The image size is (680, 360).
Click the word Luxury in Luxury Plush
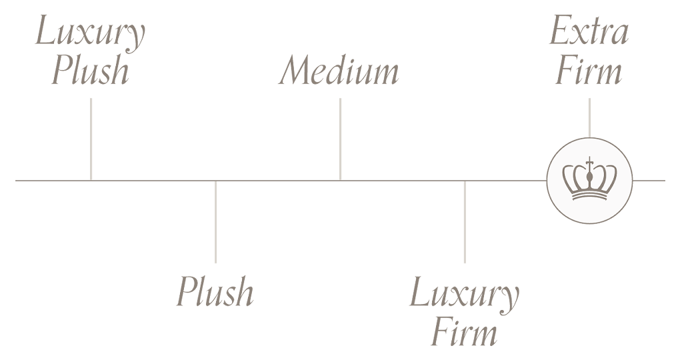point(90,33)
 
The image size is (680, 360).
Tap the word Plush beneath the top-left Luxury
point(90,71)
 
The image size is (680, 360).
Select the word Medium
point(339,71)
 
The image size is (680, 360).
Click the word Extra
point(589,32)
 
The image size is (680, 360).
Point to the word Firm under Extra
point(589,71)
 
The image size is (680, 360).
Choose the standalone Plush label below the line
point(215,292)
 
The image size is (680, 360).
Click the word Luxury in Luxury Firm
point(464,293)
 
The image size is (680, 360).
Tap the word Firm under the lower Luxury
point(464,331)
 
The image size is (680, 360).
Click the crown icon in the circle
point(589,180)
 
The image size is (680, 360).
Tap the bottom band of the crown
point(589,196)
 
